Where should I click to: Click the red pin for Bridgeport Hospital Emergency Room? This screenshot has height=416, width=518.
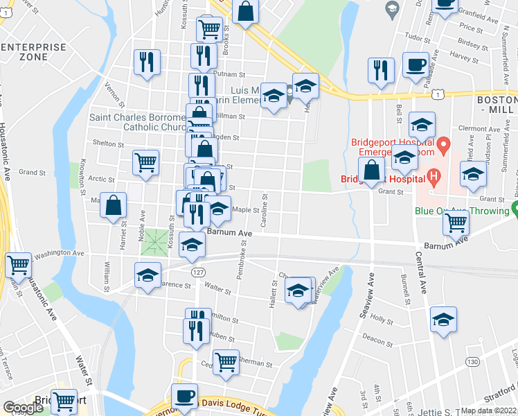point(446,145)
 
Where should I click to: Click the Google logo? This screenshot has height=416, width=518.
point(24,408)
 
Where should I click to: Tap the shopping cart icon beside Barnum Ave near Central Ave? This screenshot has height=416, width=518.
point(456,223)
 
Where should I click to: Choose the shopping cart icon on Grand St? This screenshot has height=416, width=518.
point(146,163)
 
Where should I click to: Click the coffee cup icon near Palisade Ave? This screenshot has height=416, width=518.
point(416,64)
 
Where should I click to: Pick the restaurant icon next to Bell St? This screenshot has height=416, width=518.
point(381,69)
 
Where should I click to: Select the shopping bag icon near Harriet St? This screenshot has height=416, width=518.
point(114,206)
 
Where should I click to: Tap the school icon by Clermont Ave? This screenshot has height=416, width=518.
point(422,125)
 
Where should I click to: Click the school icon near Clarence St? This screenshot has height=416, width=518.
point(148,275)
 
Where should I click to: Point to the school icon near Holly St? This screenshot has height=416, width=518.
point(443,320)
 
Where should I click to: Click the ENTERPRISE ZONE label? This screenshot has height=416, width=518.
point(34,53)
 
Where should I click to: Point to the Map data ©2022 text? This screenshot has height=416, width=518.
point(489,410)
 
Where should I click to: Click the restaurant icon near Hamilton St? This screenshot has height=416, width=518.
point(197,329)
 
